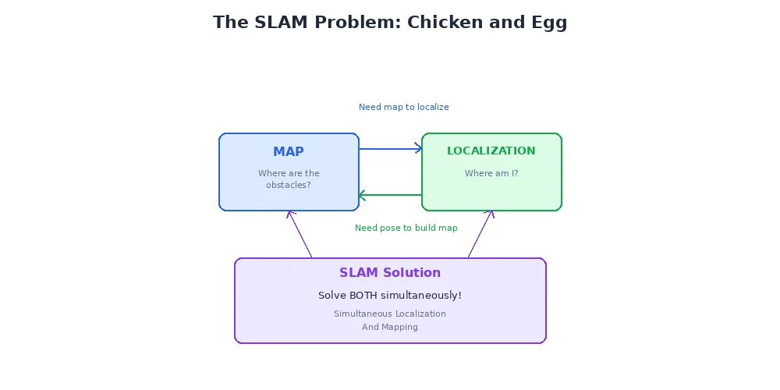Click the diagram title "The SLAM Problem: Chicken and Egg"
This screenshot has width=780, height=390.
[x=390, y=23]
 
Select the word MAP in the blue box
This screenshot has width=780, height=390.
[x=289, y=152]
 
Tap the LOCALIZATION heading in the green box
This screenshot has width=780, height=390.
[x=491, y=151]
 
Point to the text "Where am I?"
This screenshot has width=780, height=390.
[x=491, y=174]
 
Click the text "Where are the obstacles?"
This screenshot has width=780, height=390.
[x=289, y=179]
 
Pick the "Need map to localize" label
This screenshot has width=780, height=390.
[x=404, y=107]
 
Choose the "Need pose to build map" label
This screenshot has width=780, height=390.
[x=406, y=228]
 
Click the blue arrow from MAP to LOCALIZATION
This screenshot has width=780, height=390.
[x=390, y=148]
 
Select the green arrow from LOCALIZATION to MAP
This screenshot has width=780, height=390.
[x=390, y=195]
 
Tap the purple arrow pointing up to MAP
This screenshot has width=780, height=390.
[x=301, y=234]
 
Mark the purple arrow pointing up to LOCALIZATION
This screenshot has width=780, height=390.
[x=480, y=234]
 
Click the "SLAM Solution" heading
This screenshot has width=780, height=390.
[x=390, y=273]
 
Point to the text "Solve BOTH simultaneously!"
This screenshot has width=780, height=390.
[x=390, y=296]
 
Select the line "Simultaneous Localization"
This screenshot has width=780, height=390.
[x=390, y=314]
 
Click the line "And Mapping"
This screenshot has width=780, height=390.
[x=390, y=327]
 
